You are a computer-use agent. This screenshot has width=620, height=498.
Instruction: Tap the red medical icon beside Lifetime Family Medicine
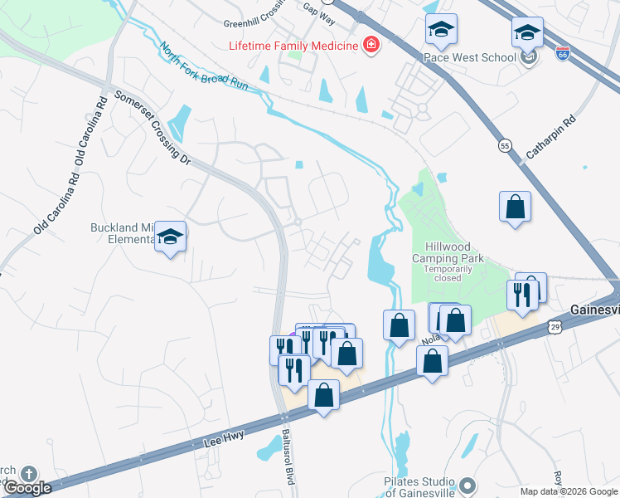371,45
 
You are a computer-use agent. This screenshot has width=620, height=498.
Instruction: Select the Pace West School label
468,57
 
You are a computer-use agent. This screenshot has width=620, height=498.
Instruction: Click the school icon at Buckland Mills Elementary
171,237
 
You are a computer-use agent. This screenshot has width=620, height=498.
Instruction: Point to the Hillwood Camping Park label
448,253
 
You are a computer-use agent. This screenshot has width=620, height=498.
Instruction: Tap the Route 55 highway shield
505,145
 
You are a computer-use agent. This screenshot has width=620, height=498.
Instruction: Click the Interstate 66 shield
563,54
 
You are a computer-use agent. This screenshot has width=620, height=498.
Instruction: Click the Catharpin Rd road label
550,138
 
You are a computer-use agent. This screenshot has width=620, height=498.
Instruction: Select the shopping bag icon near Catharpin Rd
515,207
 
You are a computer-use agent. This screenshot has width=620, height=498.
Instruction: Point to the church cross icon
29,474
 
